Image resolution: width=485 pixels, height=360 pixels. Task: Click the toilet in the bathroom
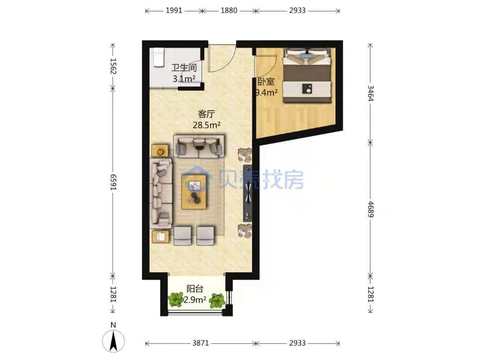coord(159,57)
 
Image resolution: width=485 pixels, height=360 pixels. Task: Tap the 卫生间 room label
coord(184,67)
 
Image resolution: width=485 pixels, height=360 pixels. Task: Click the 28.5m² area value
coord(206,125)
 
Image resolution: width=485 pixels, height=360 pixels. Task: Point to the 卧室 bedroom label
coord(266,82)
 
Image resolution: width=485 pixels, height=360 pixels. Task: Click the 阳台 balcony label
coord(195,289)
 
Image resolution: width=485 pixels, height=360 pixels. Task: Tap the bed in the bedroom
coord(308,75)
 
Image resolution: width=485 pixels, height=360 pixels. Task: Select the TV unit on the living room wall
coord(248,193)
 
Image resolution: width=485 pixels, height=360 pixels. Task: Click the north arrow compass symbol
coord(113,341)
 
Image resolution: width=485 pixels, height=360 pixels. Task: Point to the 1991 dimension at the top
coord(174,10)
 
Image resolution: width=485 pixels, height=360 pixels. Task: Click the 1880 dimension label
coord(229,10)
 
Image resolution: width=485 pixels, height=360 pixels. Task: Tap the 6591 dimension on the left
coord(113,182)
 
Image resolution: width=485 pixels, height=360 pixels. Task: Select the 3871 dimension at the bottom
coord(201,343)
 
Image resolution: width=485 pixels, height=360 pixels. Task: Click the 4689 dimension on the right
coord(370,209)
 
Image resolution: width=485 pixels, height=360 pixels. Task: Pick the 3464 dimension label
coord(370,93)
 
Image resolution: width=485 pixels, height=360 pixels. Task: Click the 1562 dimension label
coord(113,66)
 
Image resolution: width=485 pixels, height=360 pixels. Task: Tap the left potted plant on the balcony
coord(176,300)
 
